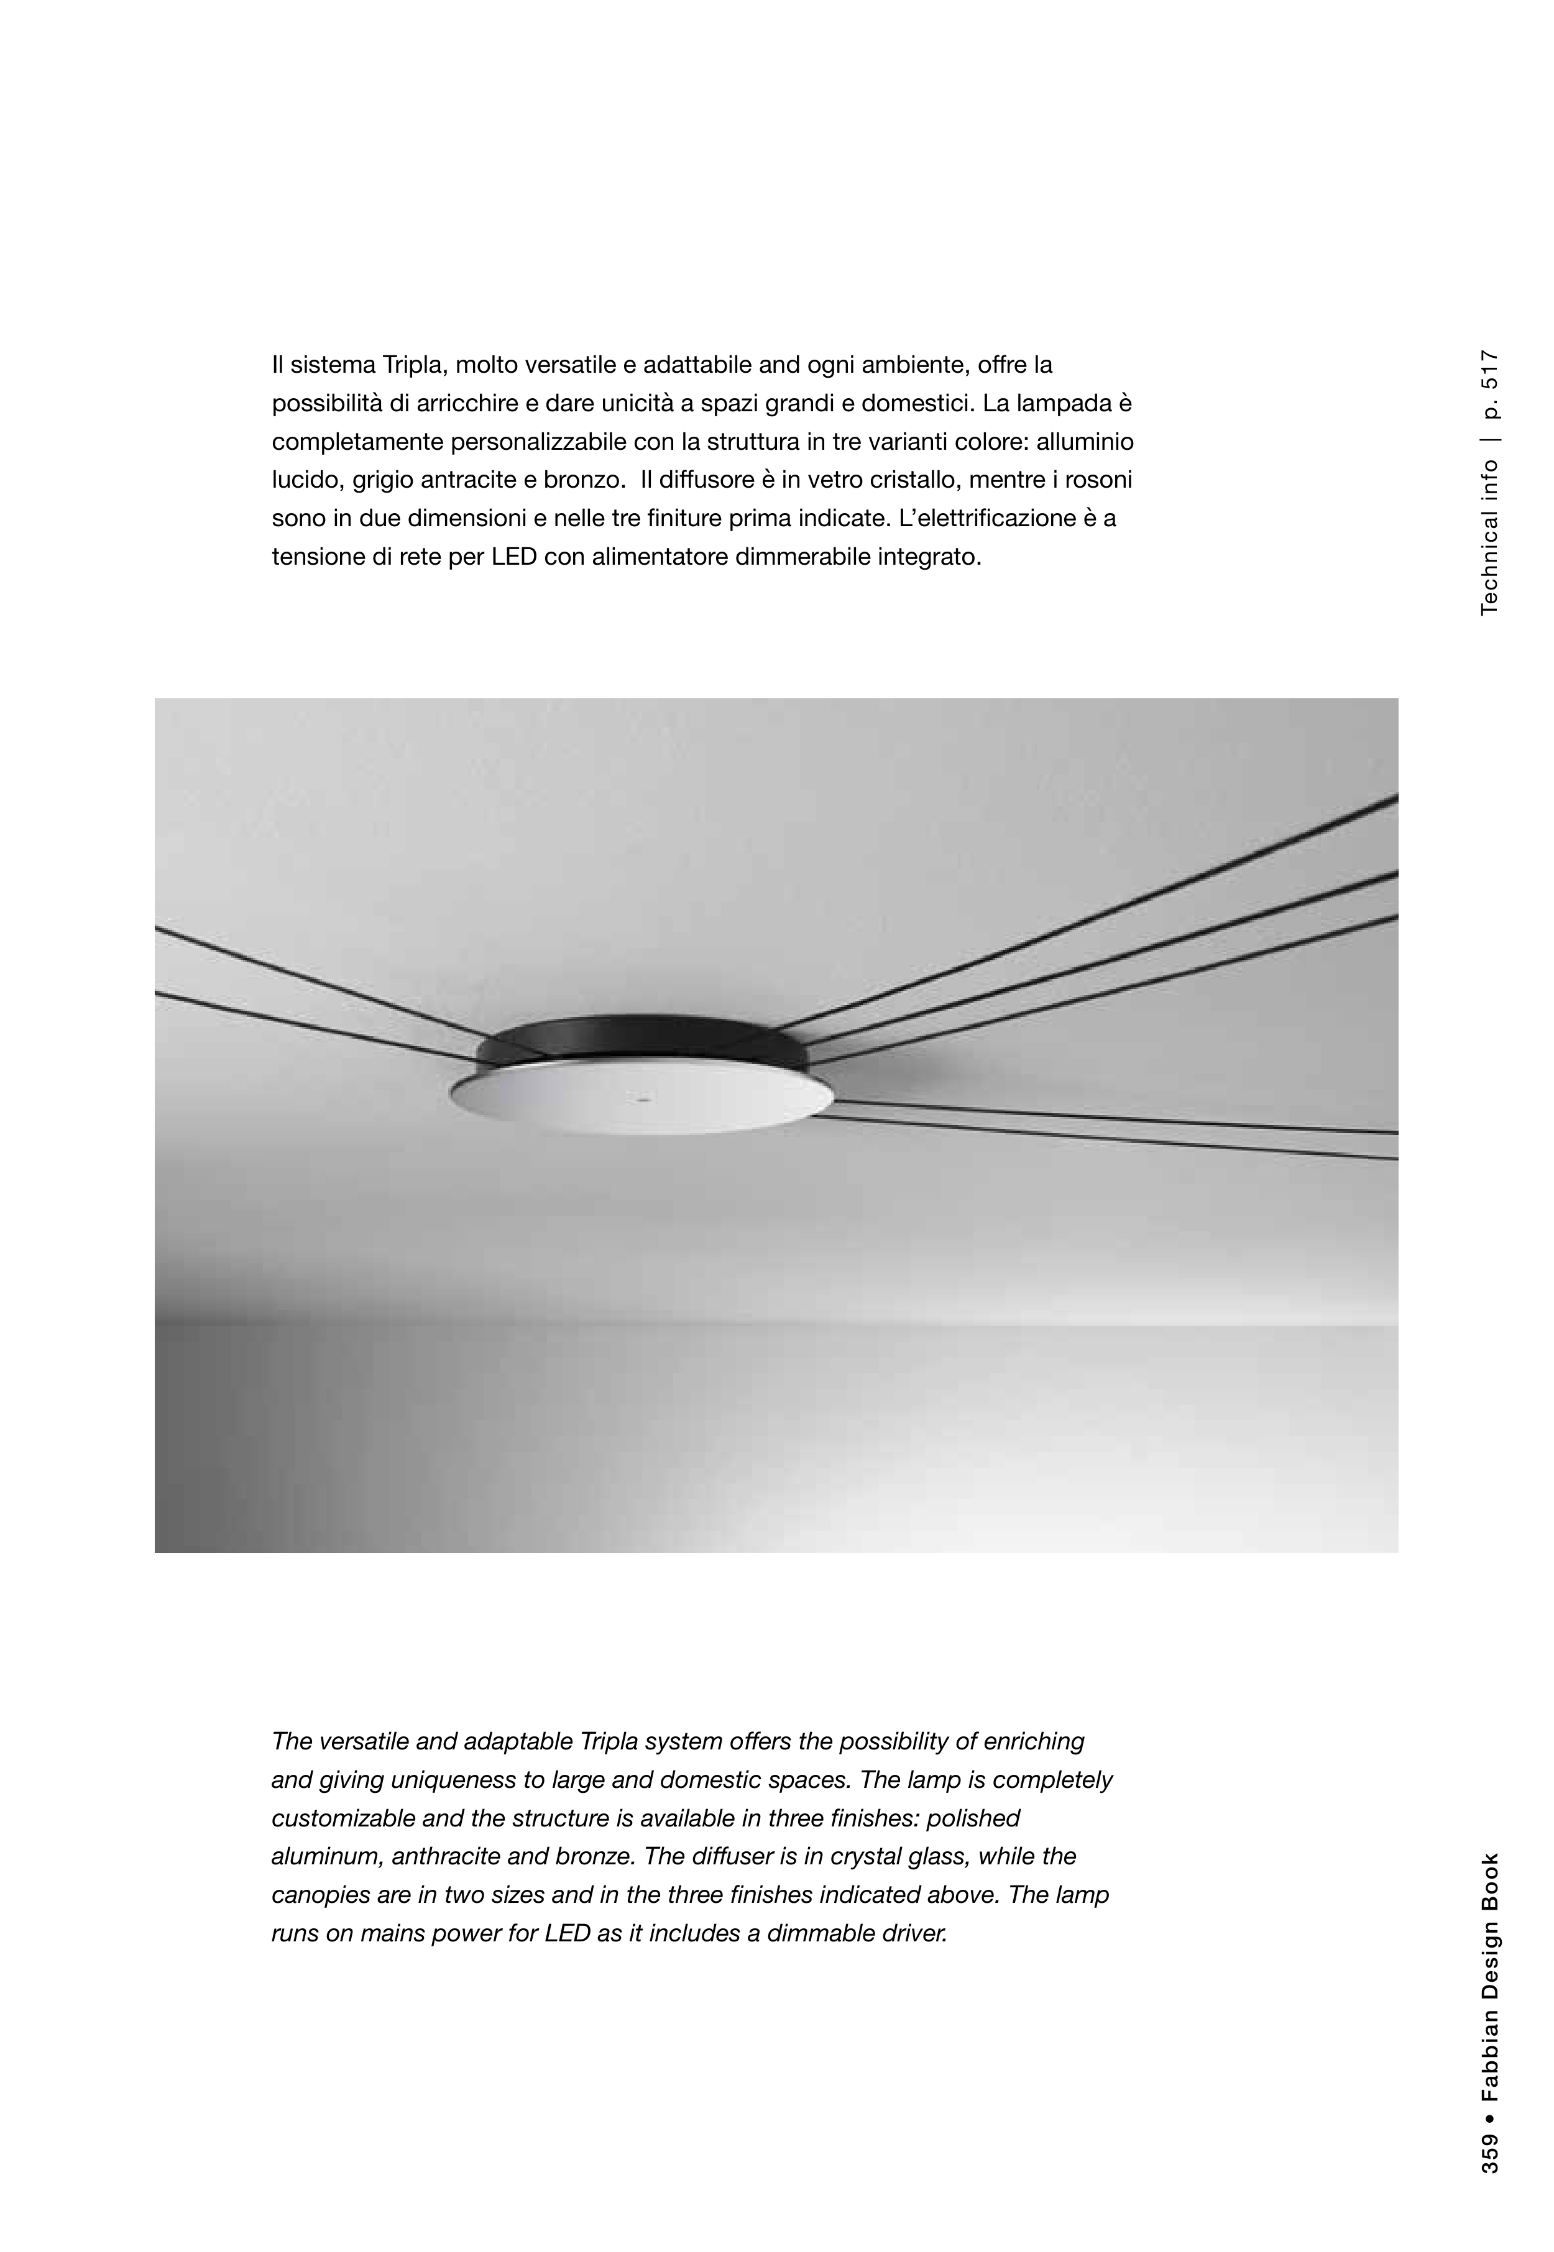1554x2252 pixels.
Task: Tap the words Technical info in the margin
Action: [x=1490, y=537]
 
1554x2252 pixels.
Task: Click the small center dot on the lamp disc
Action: [x=641, y=1097]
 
